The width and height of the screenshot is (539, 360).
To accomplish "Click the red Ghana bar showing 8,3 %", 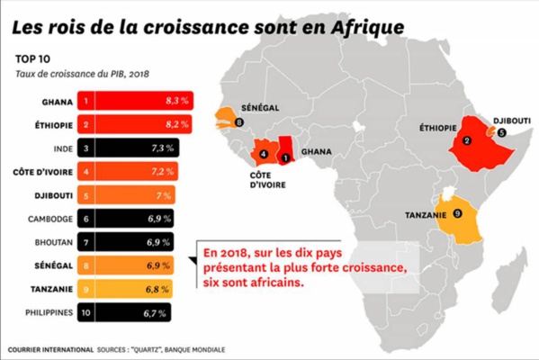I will [135, 102].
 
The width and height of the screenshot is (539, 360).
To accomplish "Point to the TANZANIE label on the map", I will [422, 215].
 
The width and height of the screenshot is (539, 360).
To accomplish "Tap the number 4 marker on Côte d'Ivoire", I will [264, 153].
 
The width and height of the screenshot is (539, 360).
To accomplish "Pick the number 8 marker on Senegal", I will [238, 121].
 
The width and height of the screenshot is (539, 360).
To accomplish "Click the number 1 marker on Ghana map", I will [285, 157].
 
